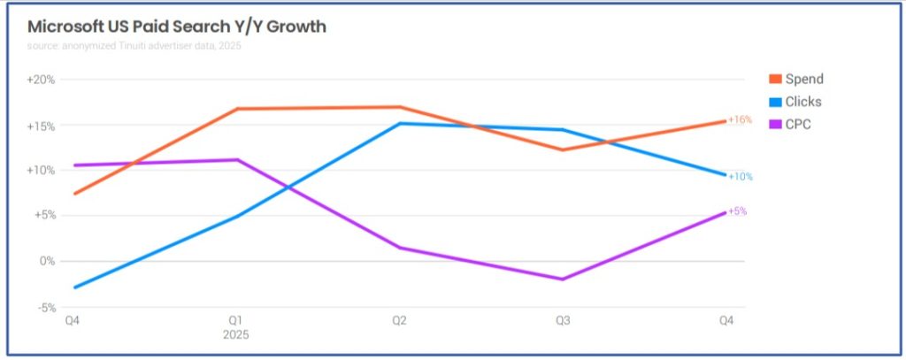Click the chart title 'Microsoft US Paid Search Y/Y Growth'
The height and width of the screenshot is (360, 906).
tap(177, 27)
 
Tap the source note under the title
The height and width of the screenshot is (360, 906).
tap(134, 46)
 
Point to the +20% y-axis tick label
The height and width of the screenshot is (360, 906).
tap(42, 80)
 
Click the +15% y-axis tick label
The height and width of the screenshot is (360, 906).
tap(42, 126)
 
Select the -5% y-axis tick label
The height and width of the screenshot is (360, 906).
tap(44, 308)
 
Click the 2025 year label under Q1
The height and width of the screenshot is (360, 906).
tap(236, 335)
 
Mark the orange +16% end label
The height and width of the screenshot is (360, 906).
tap(741, 119)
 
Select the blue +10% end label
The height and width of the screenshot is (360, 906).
tap(741, 177)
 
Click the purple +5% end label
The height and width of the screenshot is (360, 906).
tap(738, 211)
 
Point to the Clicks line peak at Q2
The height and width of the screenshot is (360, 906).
tap(400, 123)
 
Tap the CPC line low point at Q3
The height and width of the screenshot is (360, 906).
tap(563, 280)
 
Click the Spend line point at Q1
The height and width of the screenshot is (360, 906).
tap(236, 109)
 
